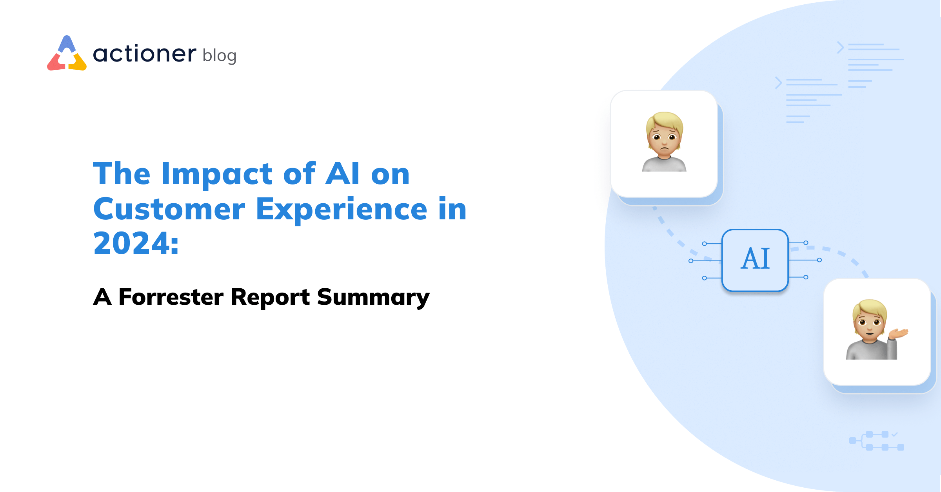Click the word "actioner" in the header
point(144,54)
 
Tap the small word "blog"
point(220,56)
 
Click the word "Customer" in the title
point(169,209)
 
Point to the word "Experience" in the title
point(341,210)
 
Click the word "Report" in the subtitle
point(270,297)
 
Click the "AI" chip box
point(755,260)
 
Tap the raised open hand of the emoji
point(899,334)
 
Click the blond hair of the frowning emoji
point(665,119)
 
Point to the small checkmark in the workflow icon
point(894,434)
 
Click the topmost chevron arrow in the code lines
point(840,47)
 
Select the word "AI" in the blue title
point(342,174)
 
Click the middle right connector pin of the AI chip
point(819,260)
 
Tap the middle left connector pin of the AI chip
point(691,261)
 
